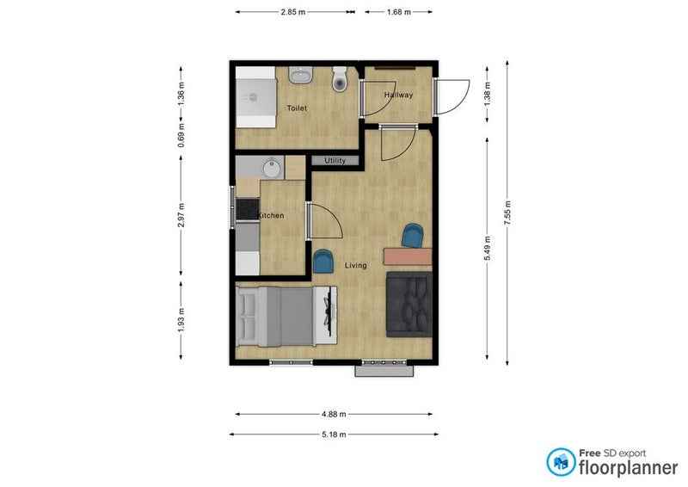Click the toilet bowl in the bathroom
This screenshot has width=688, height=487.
pyautogui.click(x=339, y=79)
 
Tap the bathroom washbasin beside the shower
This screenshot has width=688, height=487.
pyautogui.click(x=300, y=75)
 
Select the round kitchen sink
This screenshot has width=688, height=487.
pyautogui.click(x=273, y=169)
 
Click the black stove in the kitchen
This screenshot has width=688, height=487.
pyautogui.click(x=248, y=209)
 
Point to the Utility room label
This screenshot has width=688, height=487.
pyautogui.click(x=335, y=161)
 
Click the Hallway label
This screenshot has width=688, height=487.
pyautogui.click(x=398, y=95)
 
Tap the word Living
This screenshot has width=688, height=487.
pyautogui.click(x=355, y=265)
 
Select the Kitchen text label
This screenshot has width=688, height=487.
pyautogui.click(x=271, y=215)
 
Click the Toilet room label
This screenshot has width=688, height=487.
pyautogui.click(x=297, y=108)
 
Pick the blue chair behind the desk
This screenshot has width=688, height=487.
pyautogui.click(x=413, y=236)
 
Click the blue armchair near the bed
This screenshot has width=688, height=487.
pyautogui.click(x=323, y=262)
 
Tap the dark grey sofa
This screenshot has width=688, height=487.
pyautogui.click(x=409, y=305)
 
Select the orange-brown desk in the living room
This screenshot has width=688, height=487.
pyautogui.click(x=408, y=256)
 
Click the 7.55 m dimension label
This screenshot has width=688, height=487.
pyautogui.click(x=507, y=213)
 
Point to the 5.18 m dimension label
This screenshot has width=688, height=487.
pyautogui.click(x=334, y=435)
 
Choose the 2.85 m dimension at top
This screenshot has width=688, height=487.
pyautogui.click(x=293, y=12)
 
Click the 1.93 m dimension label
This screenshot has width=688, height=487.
pyautogui.click(x=181, y=320)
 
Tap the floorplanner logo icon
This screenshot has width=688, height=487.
pyautogui.click(x=561, y=462)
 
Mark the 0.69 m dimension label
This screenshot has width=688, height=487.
pyautogui.click(x=181, y=135)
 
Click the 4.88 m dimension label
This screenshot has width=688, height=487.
pyautogui.click(x=334, y=414)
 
